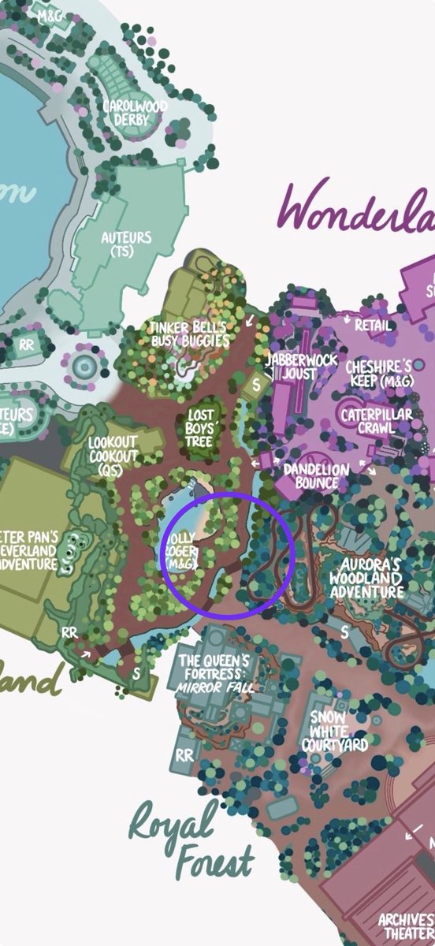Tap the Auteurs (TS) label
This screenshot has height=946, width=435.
[126, 244]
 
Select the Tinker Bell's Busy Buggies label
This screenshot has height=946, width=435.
[191, 334]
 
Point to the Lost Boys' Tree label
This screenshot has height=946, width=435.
[199, 428]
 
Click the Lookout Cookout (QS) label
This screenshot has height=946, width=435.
[113, 456]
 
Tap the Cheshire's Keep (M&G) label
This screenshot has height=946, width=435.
[379, 374]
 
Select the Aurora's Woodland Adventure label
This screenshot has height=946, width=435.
[370, 579]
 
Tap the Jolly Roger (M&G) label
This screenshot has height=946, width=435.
[180, 551]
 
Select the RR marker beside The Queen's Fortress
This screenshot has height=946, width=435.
[184, 755]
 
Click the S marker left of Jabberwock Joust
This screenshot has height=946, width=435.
[255, 386]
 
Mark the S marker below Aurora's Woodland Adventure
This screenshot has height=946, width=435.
[344, 631]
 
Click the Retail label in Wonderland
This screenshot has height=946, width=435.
[373, 325]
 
